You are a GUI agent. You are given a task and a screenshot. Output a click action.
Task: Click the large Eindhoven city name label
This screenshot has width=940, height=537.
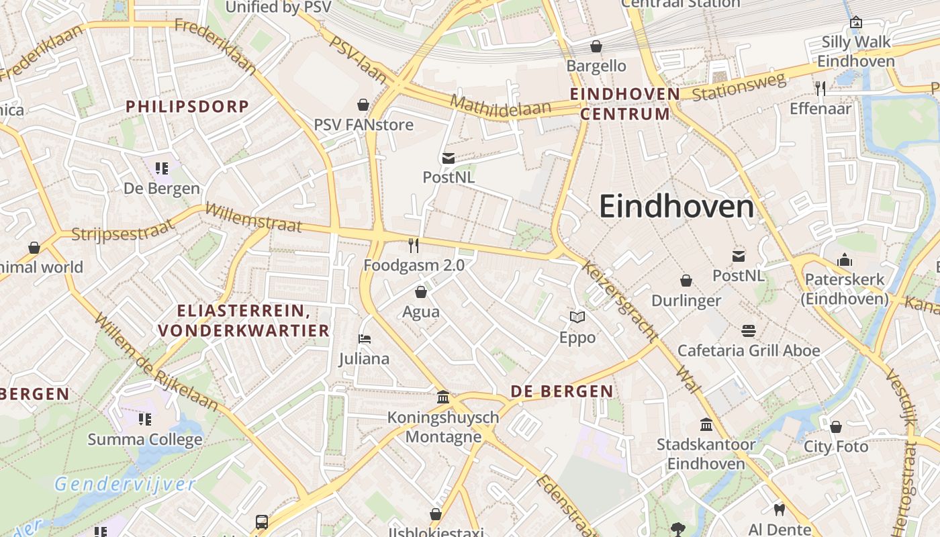(677, 207)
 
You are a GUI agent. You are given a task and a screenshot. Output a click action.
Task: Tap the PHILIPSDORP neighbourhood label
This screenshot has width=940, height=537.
(187, 106)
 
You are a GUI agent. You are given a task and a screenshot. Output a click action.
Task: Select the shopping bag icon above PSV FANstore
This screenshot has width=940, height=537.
(363, 105)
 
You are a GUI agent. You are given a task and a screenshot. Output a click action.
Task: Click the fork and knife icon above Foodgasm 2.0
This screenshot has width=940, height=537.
(414, 246)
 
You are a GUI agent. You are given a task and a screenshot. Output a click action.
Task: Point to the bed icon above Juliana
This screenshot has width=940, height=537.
(365, 339)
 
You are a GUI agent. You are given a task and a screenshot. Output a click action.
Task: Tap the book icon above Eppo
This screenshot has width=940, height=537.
(577, 317)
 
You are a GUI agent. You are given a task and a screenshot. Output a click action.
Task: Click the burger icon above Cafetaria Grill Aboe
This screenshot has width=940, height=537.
(749, 330)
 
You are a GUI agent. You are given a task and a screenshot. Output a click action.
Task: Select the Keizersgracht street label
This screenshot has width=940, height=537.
(618, 301)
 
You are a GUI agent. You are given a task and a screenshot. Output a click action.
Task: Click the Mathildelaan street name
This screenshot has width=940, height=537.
(501, 106)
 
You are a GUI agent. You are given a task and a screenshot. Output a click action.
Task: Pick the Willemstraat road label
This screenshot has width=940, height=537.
(253, 217)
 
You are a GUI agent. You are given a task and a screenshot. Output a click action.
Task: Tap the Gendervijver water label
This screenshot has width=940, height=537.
(125, 484)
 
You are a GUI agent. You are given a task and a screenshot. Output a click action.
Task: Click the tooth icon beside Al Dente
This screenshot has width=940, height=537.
(780, 509)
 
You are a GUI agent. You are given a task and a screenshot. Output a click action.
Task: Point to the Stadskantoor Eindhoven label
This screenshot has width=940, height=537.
(706, 454)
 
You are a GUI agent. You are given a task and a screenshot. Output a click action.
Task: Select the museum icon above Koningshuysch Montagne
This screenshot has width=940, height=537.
(443, 397)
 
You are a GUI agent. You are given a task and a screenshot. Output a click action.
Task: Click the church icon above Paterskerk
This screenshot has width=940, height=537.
(844, 260)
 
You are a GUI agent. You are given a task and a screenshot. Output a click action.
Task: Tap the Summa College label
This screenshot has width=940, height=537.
(145, 440)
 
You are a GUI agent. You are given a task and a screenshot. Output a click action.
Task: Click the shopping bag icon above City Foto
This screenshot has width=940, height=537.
(836, 427)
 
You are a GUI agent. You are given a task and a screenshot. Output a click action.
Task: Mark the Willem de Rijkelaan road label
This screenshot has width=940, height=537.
(157, 362)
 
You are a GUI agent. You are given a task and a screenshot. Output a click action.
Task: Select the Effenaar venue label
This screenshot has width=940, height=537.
(820, 108)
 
